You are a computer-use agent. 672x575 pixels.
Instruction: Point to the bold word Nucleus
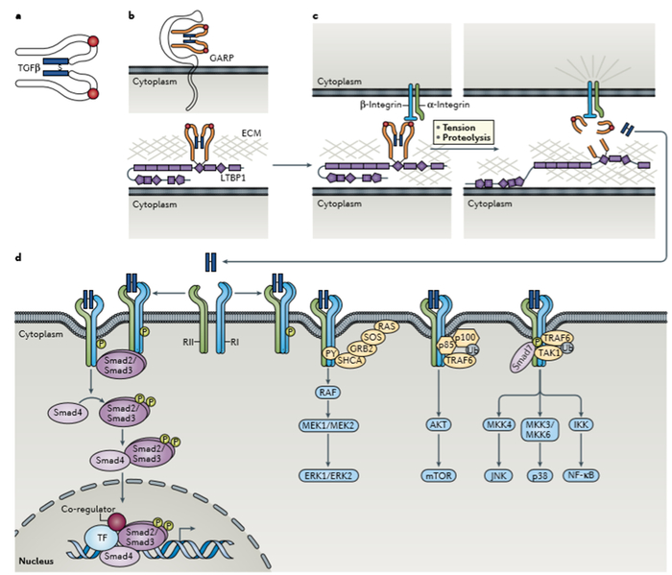[33, 559]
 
